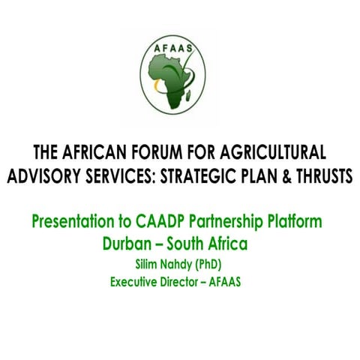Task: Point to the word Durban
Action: point(130,244)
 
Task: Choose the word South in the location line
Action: point(192,244)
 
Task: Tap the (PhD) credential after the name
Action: point(217,265)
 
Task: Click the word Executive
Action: point(136,282)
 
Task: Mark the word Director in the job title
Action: point(190,282)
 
